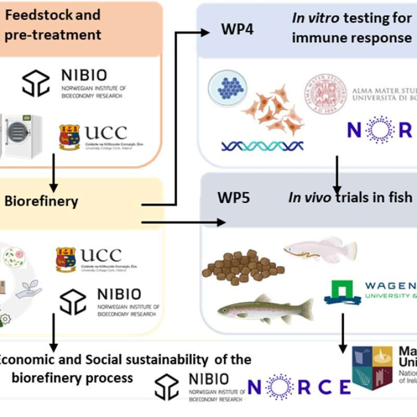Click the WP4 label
point(237,29)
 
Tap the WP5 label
point(234,198)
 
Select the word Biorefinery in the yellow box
point(41,201)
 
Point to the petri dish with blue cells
point(227,87)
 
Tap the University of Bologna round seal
point(326,94)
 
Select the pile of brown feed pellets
point(240,266)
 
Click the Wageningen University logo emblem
point(342,292)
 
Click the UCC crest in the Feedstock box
point(69,137)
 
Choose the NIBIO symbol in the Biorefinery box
point(73,303)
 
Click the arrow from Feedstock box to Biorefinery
point(53,180)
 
